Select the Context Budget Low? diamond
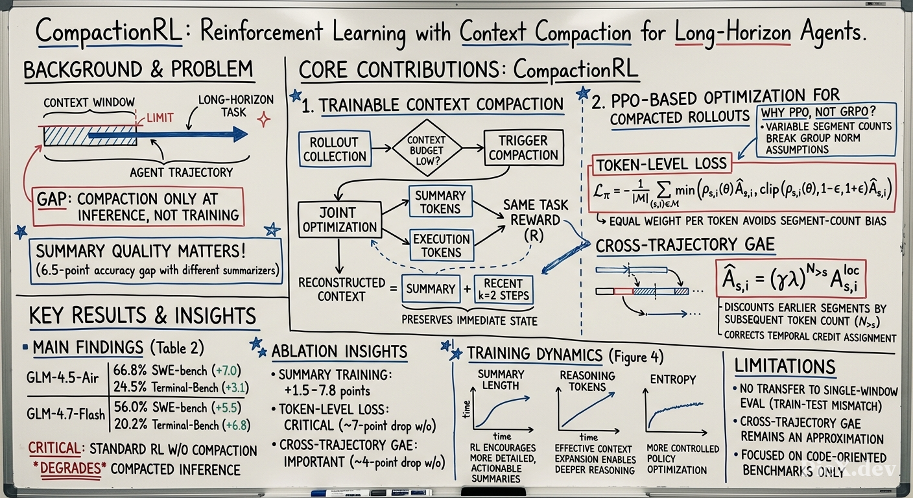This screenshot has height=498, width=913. tap(427, 148)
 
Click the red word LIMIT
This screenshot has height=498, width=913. tap(160, 118)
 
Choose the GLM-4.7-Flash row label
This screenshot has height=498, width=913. tap(65, 414)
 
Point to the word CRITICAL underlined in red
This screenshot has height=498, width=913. tap(54, 449)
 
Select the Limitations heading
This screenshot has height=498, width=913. tap(785, 366)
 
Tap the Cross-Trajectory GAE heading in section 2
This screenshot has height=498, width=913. tap(685, 244)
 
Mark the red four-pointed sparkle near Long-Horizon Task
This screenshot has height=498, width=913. tap(263, 120)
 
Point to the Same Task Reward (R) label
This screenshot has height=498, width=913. tap(535, 220)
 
